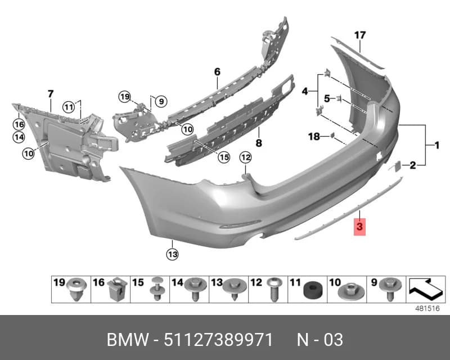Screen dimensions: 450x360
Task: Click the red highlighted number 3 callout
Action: tap(359, 227)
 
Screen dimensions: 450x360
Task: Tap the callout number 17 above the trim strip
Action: tap(360, 35)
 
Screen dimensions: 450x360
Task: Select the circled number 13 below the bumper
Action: tap(172, 254)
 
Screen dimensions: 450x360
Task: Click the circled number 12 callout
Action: tap(246, 157)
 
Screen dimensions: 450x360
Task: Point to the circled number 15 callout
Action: tap(224, 157)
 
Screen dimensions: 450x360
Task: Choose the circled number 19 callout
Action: tap(124, 97)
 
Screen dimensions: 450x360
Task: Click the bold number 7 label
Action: tap(51, 94)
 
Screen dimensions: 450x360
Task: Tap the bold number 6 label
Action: tap(217, 72)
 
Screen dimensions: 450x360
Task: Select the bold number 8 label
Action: tap(259, 143)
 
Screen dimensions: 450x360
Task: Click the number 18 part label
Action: tap(314, 136)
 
